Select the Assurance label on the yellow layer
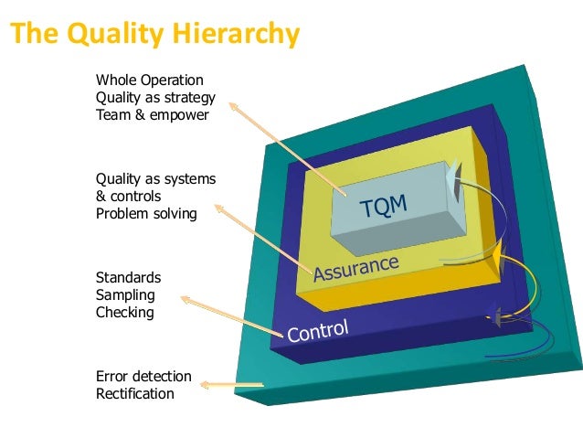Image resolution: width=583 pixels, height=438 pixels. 355,267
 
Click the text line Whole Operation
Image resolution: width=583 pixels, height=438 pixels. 150,80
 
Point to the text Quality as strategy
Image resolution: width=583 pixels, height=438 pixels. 155,98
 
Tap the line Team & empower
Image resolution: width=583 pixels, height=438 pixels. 152,115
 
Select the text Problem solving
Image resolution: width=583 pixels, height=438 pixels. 146,213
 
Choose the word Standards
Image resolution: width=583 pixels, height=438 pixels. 129,277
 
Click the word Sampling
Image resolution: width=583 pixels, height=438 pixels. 125,294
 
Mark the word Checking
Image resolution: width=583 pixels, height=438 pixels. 125,312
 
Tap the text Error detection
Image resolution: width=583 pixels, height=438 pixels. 143,376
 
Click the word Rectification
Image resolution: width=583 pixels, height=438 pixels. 134,393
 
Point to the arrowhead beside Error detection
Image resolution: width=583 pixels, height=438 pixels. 207,384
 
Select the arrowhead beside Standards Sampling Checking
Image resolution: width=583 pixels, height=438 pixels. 185,299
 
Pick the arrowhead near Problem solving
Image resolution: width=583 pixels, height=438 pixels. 220,208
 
